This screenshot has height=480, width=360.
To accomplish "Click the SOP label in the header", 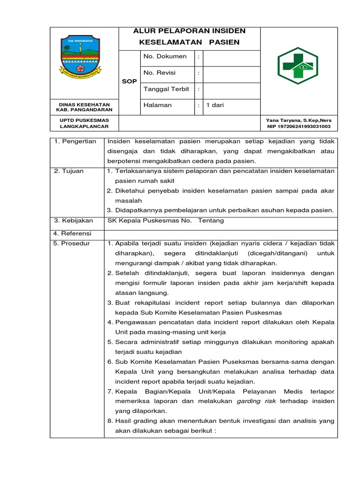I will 129,82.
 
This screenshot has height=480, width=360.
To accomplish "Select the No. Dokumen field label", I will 165,57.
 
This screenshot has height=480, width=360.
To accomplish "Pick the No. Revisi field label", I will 162,73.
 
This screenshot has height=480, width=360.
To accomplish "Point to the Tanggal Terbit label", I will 166,89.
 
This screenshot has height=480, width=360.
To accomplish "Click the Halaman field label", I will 157,105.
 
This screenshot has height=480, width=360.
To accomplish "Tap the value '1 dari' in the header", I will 215,105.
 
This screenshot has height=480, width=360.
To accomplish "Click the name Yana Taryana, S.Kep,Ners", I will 298,120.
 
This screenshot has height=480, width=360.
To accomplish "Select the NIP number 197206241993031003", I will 298,127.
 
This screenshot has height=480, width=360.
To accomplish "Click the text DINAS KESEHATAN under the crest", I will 84,105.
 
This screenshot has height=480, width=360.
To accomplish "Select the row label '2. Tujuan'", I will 69,171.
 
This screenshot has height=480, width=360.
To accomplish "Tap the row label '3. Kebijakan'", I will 74,221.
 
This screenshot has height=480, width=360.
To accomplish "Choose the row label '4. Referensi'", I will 73,233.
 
